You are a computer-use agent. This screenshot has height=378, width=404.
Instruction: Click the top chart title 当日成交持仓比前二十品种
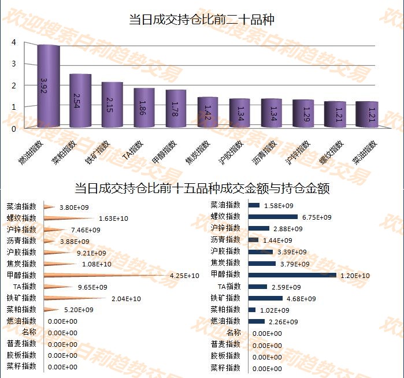pyautogui.click(x=202, y=20)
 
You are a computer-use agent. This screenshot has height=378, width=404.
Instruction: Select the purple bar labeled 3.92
pyautogui.click(x=49, y=87)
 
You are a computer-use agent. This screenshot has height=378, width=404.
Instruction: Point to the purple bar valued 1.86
pyautogui.click(x=144, y=108)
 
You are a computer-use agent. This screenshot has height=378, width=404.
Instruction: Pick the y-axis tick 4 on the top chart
pyautogui.click(x=13, y=43)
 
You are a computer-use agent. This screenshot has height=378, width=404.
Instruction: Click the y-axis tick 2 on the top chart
pyautogui.click(x=13, y=86)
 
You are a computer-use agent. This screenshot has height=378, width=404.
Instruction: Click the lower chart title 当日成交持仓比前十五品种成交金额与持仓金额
pyautogui.click(x=202, y=188)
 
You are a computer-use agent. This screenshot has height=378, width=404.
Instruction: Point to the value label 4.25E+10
pyautogui.click(x=184, y=276)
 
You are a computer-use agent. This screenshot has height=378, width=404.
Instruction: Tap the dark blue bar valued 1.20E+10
pyautogui.click(x=292, y=275)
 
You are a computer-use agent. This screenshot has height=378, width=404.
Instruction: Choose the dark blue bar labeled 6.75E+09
pyautogui.click(x=273, y=217)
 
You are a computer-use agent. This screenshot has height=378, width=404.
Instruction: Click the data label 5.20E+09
pyautogui.click(x=79, y=310)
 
